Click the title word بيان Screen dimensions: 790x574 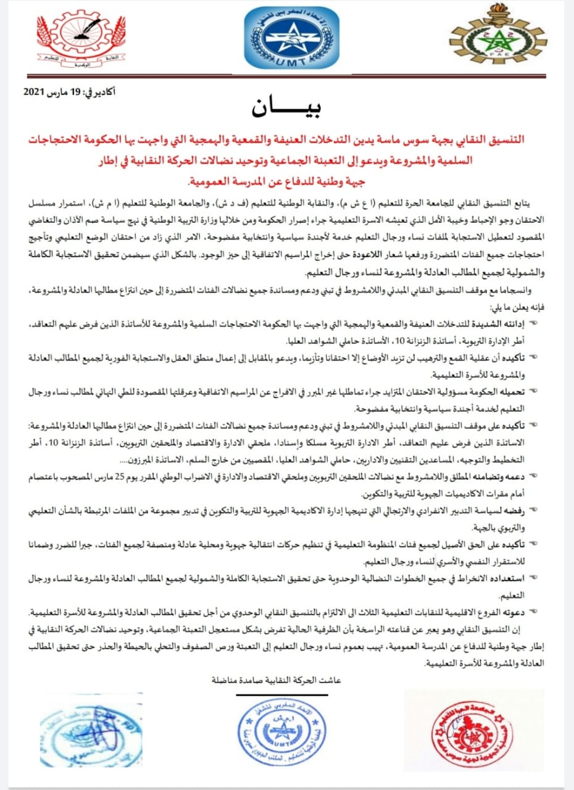285,106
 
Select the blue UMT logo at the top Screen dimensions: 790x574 283,38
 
